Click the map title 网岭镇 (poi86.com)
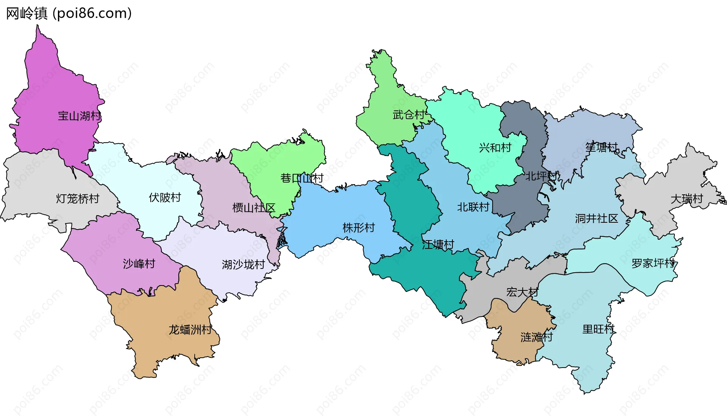(x=69, y=14)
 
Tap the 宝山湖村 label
(x=80, y=116)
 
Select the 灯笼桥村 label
(x=78, y=199)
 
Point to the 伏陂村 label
(x=165, y=197)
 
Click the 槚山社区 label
(x=253, y=208)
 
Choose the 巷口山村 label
(x=302, y=178)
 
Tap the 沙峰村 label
(x=139, y=264)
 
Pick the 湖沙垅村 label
(x=243, y=264)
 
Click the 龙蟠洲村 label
(x=190, y=330)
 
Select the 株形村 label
(x=359, y=228)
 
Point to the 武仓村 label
(x=409, y=115)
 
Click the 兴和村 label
(x=495, y=147)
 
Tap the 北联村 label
(x=473, y=207)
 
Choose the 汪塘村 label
(x=438, y=245)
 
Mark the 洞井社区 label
(x=596, y=218)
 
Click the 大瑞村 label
(x=686, y=199)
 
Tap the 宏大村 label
(x=522, y=292)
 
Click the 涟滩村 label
(x=537, y=337)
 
